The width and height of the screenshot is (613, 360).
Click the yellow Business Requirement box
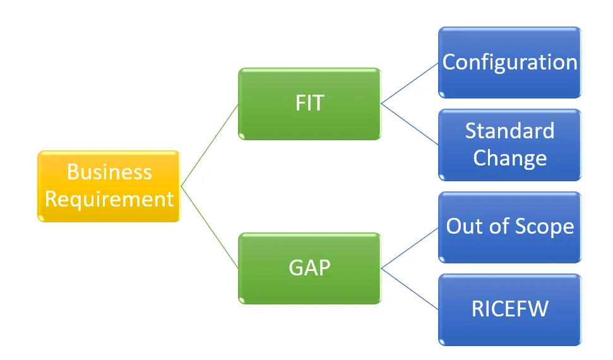pos(109,186)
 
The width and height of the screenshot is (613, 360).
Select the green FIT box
pos(309,104)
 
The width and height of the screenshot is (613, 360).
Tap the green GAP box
pos(309,268)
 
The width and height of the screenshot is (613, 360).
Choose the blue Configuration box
pos(510,63)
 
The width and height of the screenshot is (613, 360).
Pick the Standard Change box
pos(510,145)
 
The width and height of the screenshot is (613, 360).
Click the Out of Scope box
pos(510,227)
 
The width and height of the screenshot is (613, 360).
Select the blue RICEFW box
pos(510,309)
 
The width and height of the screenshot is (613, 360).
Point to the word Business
pos(109,172)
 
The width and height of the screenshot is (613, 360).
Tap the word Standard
pos(510,131)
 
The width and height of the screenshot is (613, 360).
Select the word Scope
pos(545,227)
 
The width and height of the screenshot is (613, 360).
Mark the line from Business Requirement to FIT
pos(210,145)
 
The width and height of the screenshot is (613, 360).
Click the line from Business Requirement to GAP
pos(210,227)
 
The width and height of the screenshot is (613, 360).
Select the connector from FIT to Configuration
pos(410,83)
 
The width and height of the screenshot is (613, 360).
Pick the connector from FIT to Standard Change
pos(410,124)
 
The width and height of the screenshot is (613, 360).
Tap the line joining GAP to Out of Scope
pos(410,248)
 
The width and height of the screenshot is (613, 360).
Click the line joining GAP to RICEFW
pos(410,289)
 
